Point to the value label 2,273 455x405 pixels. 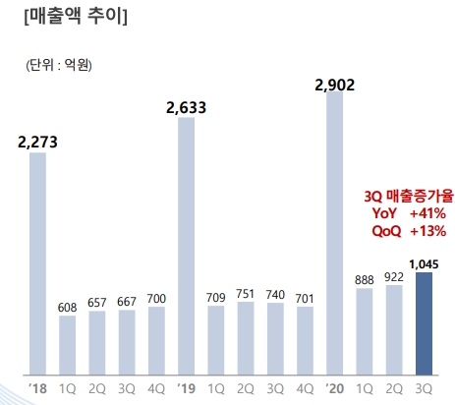pos(37,142)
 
